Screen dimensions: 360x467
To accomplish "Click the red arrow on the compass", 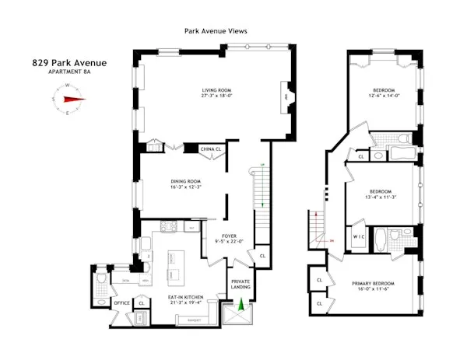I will [75, 99].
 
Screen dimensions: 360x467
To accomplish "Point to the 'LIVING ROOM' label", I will [217, 89].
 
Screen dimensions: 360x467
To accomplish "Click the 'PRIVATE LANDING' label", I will [241, 285].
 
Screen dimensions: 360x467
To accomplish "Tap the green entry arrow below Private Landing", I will [241, 308].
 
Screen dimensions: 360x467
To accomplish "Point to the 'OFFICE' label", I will [121, 303].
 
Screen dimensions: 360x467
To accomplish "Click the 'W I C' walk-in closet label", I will [359, 236].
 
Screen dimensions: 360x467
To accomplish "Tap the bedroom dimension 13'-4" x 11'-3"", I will [382, 197].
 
